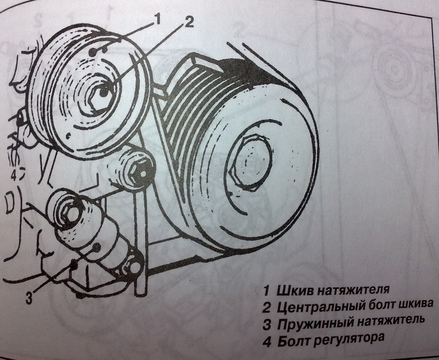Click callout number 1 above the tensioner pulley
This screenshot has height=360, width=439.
coord(157,19)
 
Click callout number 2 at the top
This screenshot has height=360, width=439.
coord(189,22)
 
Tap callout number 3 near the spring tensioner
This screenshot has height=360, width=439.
coord(29,298)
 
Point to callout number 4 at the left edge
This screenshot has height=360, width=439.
coord(14,176)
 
